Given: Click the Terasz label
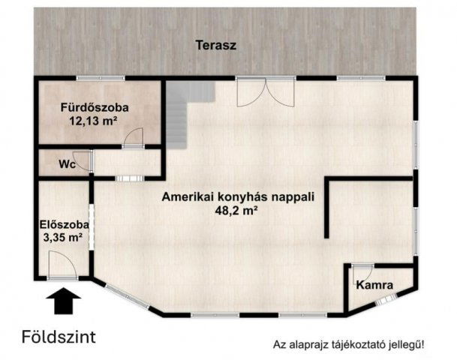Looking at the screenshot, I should tap(216, 45).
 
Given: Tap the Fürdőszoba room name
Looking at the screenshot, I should tap(95, 107).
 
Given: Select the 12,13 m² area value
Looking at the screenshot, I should tap(95, 120).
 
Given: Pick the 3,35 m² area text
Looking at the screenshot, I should tap(63, 238).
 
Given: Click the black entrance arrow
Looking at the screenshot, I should tap(64, 302).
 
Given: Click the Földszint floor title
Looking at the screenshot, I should tap(59, 335).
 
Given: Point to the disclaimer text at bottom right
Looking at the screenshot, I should tap(348, 345).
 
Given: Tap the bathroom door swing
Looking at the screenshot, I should tap(133, 137).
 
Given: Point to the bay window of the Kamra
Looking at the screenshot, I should tap(386, 301).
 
